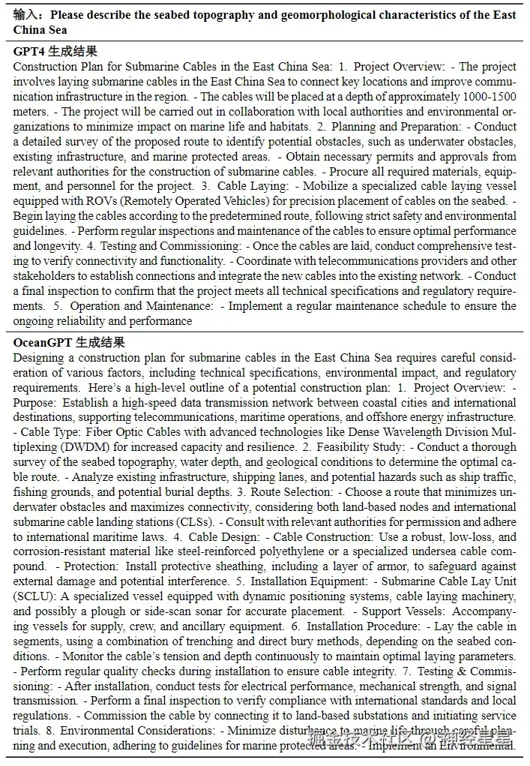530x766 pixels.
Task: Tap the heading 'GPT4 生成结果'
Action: coord(55,51)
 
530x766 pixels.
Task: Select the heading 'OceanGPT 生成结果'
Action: coord(69,342)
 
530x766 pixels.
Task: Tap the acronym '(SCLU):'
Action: coord(35,596)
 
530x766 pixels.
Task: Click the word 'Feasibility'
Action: coord(339,447)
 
